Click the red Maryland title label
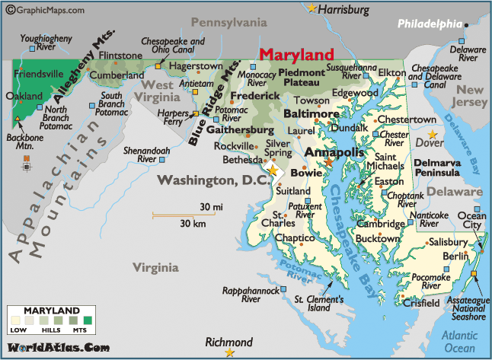(296, 56)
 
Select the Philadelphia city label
(430, 24)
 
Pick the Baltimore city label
(311, 113)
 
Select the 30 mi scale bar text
(211, 207)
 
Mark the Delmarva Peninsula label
(442, 167)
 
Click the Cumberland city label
(117, 76)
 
